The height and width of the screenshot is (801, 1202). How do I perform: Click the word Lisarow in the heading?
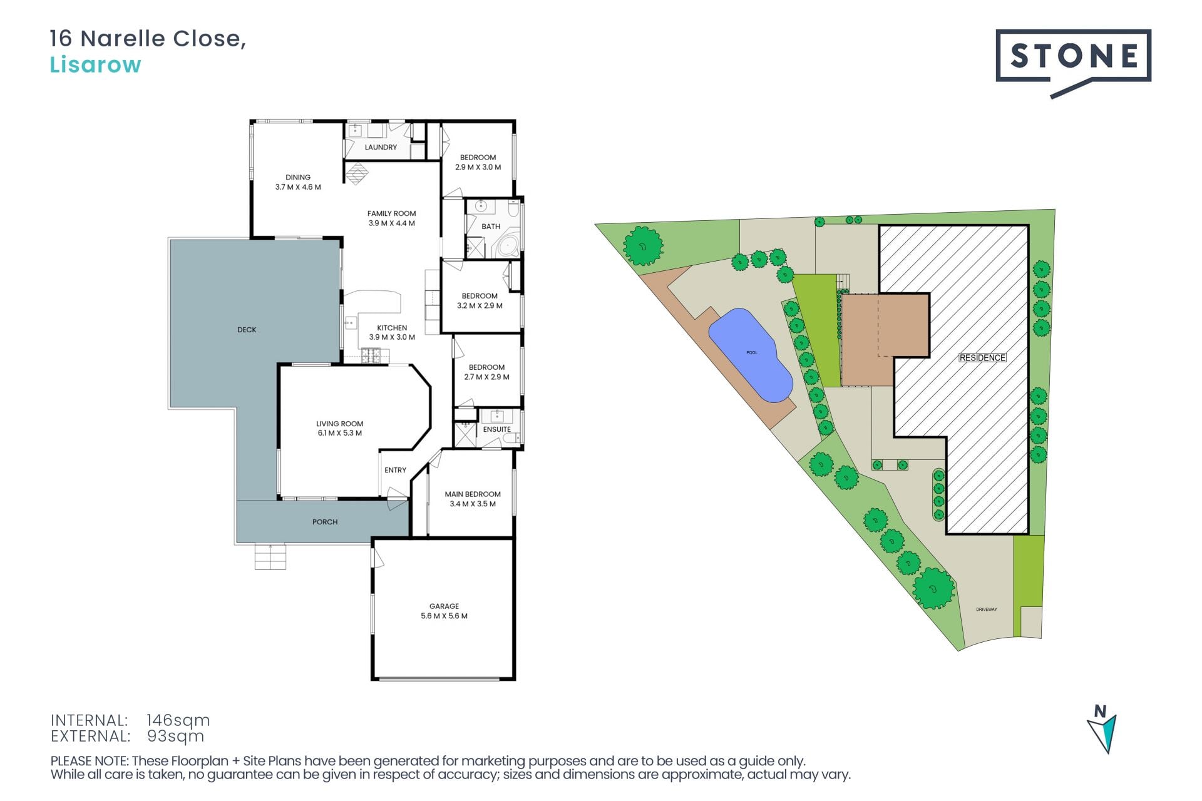coord(95,64)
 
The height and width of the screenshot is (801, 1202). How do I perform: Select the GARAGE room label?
coord(444,606)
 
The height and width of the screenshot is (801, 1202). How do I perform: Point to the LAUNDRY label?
coord(381,147)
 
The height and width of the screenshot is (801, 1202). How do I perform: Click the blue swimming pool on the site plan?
coord(750,354)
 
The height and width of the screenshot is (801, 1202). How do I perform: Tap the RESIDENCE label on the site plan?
coord(982,358)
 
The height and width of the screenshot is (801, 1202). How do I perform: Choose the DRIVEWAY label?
coord(986,610)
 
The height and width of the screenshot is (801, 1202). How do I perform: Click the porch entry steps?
coord(270,556)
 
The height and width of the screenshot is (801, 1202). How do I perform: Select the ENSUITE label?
coord(497,429)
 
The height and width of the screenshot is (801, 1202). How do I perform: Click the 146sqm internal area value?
coord(178,720)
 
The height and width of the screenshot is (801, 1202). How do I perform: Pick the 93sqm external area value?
coord(175,736)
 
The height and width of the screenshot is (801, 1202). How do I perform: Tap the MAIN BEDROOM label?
coord(473,494)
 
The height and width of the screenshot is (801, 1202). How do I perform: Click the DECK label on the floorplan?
coord(247,330)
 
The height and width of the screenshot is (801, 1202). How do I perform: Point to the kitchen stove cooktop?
coord(370,356)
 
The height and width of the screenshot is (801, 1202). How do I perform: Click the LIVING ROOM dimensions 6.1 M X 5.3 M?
coord(339,433)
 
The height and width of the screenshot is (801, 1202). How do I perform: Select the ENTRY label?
coord(395,470)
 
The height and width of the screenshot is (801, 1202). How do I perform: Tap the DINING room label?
coord(298,177)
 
